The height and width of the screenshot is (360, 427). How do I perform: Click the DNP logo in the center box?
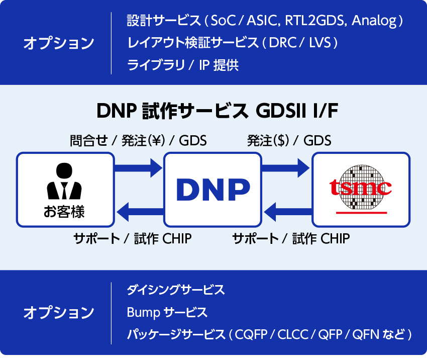click(x=213, y=189)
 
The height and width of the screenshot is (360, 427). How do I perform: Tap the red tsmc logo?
click(x=360, y=187)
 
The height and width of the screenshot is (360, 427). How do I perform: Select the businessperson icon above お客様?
click(x=64, y=182)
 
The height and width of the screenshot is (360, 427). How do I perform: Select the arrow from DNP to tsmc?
click(x=286, y=166)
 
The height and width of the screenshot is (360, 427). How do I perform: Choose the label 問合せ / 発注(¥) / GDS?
click(x=138, y=141)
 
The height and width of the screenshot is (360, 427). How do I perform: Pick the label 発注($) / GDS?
click(x=289, y=141)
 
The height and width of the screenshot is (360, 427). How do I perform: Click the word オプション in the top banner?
click(x=59, y=43)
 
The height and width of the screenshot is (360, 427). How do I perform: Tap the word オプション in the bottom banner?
click(x=59, y=312)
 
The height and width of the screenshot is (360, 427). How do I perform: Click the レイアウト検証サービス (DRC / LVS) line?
click(x=232, y=43)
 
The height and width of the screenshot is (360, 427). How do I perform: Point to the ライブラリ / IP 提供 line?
click(x=182, y=65)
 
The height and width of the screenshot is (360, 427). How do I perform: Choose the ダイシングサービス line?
click(x=175, y=290)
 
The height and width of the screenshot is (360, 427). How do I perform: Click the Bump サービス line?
click(x=167, y=312)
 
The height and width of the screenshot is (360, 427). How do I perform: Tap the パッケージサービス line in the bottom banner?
click(x=269, y=334)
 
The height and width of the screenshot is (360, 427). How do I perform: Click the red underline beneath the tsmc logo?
click(x=361, y=213)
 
